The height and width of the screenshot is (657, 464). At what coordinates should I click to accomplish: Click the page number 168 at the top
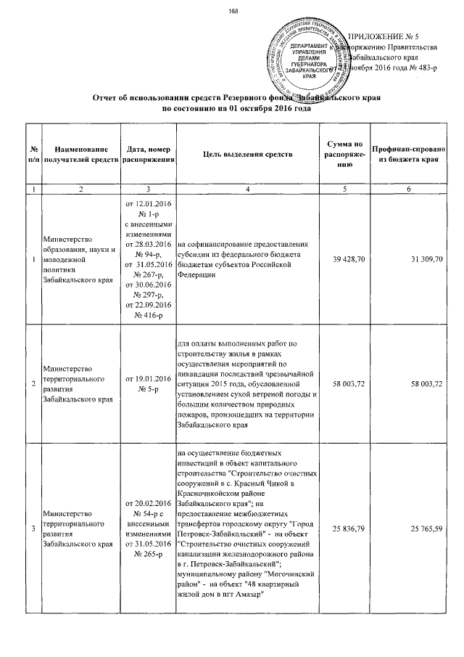(x=233, y=10)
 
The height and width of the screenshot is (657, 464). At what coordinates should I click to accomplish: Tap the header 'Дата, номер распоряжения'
(x=148, y=155)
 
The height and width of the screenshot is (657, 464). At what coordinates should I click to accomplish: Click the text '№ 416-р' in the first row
(x=148, y=317)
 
